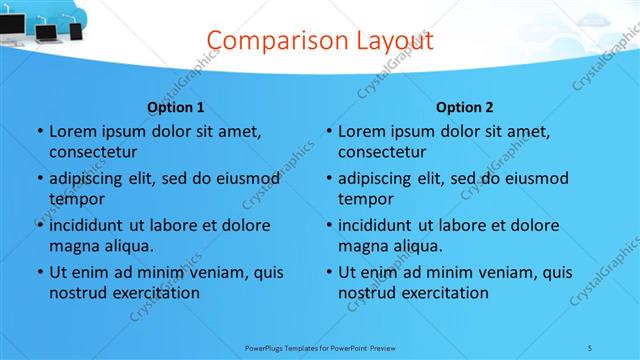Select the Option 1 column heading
(x=176, y=107)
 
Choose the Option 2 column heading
(x=465, y=107)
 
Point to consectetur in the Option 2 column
(x=381, y=152)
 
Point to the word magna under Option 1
(x=71, y=246)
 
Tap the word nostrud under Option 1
(x=77, y=293)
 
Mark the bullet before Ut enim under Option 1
(x=39, y=272)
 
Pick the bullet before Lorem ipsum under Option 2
(x=328, y=131)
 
